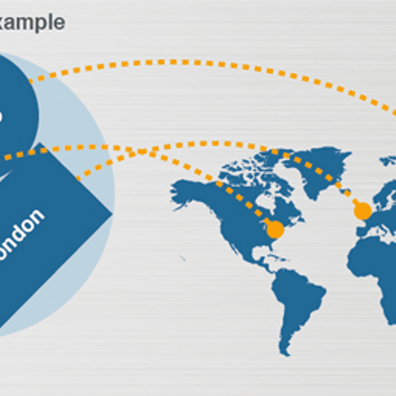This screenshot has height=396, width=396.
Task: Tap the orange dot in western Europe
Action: (362, 211)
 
